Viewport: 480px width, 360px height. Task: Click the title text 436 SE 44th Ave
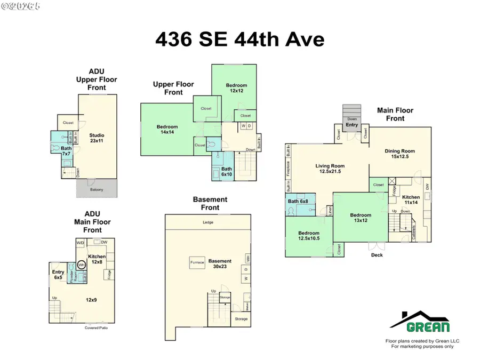coord(240,39)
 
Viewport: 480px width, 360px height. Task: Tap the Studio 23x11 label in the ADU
coord(97,138)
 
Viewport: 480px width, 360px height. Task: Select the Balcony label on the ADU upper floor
coord(97,189)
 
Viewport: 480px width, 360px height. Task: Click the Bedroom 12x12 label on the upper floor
coord(236,88)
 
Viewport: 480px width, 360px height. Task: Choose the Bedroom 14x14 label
coord(167,130)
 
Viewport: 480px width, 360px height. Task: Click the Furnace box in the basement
coord(196,262)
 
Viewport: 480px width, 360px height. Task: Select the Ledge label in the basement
coord(208,222)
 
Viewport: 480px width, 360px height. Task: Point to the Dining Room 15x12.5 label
coord(400,154)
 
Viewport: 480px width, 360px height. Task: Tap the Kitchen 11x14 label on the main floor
coord(411,200)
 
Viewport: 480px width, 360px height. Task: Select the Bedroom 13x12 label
coord(360,218)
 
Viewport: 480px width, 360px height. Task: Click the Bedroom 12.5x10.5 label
coord(309,236)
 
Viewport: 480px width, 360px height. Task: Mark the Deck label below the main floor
coord(377,255)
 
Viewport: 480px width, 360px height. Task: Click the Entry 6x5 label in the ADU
coord(58,275)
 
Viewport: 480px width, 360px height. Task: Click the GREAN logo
coord(420,322)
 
